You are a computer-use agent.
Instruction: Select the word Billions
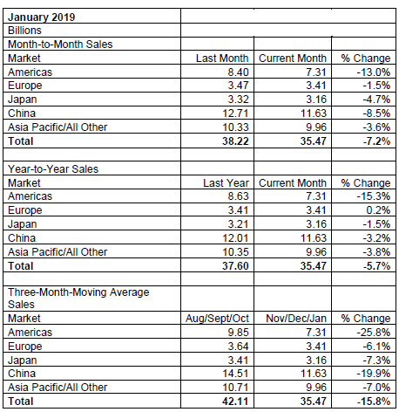pyautogui.click(x=24, y=31)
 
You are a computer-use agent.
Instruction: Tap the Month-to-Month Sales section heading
pyautogui.click(x=60, y=45)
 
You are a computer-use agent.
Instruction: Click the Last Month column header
pyautogui.click(x=222, y=58)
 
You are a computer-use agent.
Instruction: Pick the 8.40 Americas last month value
pyautogui.click(x=238, y=72)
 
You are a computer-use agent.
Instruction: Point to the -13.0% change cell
pyautogui.click(x=374, y=72)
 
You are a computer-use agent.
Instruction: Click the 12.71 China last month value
pyautogui.click(x=235, y=113)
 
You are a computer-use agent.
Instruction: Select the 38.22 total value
pyautogui.click(x=235, y=141)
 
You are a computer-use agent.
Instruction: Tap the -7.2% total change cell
pyautogui.click(x=376, y=141)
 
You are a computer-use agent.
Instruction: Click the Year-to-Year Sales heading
pyautogui.click(x=53, y=169)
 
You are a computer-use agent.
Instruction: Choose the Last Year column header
pyautogui.click(x=226, y=183)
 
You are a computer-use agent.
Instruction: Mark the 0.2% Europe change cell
pyautogui.click(x=378, y=210)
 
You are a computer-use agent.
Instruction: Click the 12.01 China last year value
pyautogui.click(x=235, y=238)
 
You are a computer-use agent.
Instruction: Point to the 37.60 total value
pyautogui.click(x=235, y=266)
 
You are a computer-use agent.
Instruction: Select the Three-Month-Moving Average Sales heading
pyautogui.click(x=78, y=299)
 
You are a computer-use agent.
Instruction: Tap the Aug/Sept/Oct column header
pyautogui.click(x=217, y=319)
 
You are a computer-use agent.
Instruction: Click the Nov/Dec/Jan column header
pyautogui.click(x=296, y=319)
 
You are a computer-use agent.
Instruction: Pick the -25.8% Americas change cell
pyautogui.click(x=374, y=333)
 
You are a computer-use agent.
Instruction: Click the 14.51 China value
pyautogui.click(x=235, y=374)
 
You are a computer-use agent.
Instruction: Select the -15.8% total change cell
pyautogui.click(x=374, y=402)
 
